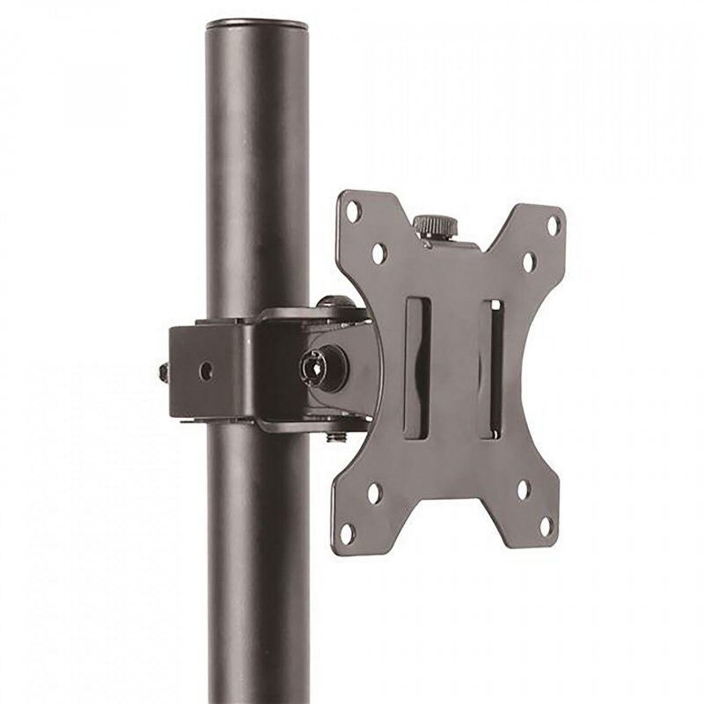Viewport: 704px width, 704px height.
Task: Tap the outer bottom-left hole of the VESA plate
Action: click(348, 532)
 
